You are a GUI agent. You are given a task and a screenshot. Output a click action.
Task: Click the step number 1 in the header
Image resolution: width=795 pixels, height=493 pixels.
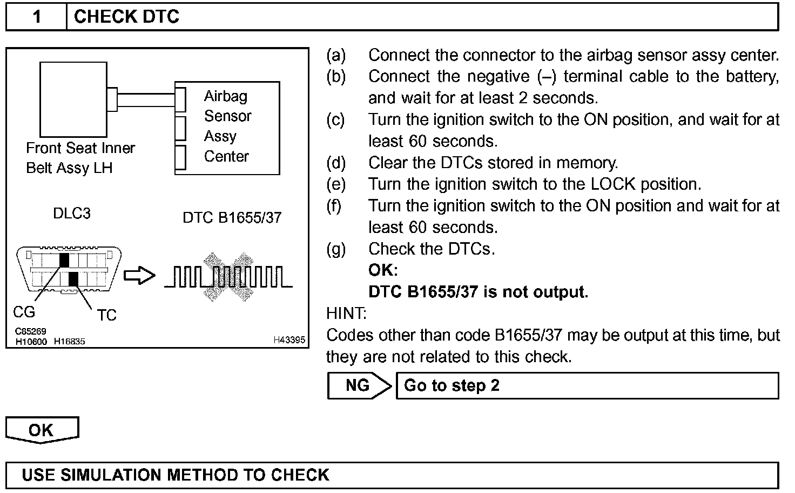[x=37, y=17]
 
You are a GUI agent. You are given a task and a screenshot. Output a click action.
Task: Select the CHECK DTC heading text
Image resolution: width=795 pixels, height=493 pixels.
[x=126, y=17]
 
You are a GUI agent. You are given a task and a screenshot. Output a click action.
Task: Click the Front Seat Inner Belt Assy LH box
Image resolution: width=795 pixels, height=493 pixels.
[x=73, y=99]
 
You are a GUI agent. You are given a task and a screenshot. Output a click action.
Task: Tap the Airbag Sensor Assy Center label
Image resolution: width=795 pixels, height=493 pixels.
[x=227, y=126]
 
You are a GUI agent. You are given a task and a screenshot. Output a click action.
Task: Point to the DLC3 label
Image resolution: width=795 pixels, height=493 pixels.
[x=72, y=214]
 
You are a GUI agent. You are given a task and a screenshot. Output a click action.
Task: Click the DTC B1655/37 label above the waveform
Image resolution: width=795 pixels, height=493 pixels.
[x=232, y=217]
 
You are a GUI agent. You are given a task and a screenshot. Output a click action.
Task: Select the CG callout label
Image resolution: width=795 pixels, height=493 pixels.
[x=24, y=312]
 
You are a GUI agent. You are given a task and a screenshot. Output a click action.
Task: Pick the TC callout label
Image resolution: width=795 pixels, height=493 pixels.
[x=106, y=315]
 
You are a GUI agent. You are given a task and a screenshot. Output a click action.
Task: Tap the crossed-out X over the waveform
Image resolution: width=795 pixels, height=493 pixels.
[x=228, y=276]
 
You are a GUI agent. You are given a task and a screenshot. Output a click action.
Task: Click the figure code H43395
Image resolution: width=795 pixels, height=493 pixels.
[x=289, y=340]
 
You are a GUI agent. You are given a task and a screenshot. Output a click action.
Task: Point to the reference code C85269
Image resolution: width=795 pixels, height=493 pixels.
[x=31, y=331]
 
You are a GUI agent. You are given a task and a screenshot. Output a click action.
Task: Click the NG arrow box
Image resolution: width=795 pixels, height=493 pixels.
[x=359, y=385]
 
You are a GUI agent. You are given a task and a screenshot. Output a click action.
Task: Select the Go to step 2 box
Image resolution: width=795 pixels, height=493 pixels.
[x=587, y=385]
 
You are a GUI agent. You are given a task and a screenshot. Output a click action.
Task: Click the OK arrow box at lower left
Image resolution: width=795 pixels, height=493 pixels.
[x=42, y=430]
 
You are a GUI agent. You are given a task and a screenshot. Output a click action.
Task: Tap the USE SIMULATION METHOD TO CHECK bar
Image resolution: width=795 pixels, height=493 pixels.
[x=392, y=475]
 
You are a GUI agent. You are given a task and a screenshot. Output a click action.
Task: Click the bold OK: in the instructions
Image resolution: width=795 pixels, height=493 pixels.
[x=383, y=270]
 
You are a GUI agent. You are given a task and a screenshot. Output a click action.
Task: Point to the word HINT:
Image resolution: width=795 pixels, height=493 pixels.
[x=346, y=314]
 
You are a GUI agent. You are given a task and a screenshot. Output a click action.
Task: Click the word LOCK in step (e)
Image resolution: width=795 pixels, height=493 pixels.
[x=613, y=184]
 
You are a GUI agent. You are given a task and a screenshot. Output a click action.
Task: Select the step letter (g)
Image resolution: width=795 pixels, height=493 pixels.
[x=336, y=249]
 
